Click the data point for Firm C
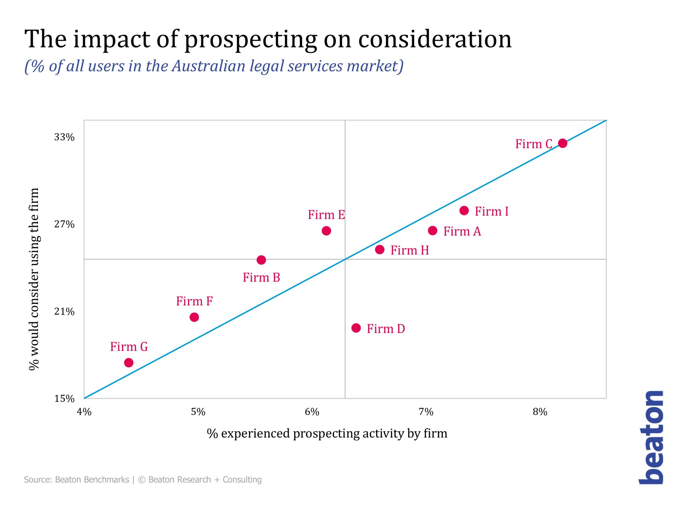click(x=563, y=143)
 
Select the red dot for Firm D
click(x=356, y=328)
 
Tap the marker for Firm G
click(x=129, y=363)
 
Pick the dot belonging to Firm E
click(x=327, y=231)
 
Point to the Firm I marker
click(x=464, y=210)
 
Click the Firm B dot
click(x=261, y=260)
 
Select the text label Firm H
click(x=409, y=251)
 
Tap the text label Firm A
click(x=462, y=231)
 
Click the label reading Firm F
click(x=194, y=301)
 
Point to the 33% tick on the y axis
click(x=64, y=137)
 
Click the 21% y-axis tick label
click(x=64, y=312)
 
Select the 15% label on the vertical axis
click(x=64, y=399)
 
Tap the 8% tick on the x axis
click(x=540, y=412)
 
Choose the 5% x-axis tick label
click(x=198, y=412)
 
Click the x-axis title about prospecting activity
click(x=327, y=433)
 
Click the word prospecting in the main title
click(x=251, y=39)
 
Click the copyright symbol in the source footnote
click(x=142, y=480)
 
